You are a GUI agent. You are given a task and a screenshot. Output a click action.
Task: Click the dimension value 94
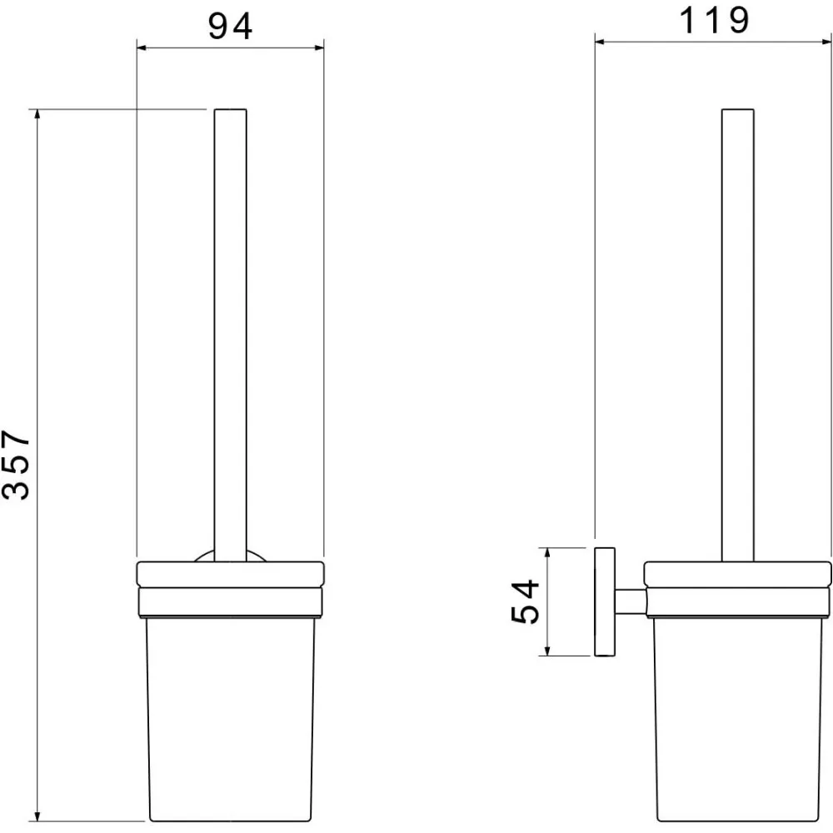click(230, 27)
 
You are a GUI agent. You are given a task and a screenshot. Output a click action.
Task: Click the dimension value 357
click(16, 465)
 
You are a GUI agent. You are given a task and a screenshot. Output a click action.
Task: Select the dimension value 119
click(714, 21)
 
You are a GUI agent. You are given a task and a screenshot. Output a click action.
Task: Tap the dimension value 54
click(525, 601)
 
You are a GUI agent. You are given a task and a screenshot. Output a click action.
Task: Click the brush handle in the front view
click(231, 335)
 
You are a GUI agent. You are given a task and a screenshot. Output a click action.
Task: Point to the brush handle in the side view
click(738, 335)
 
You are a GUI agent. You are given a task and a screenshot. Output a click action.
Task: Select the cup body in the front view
click(231, 720)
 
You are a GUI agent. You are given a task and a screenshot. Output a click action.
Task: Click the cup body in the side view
click(738, 720)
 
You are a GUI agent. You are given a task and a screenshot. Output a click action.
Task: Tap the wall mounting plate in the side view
click(605, 602)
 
